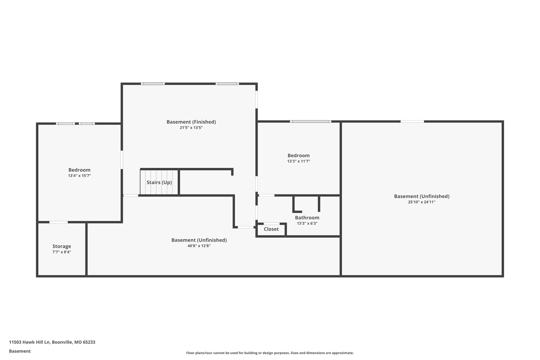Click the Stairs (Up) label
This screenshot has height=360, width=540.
[x=159, y=183]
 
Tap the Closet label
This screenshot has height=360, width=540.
[x=271, y=229]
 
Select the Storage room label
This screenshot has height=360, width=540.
[x=62, y=246]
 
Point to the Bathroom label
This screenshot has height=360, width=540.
[x=307, y=218]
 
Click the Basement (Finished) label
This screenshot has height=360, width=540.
[x=191, y=122]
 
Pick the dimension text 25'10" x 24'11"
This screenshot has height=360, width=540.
[x=422, y=202]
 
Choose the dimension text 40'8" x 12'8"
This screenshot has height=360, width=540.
[x=199, y=246]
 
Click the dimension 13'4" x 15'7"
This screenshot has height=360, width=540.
[x=79, y=176]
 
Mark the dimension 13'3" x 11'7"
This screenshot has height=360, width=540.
[x=298, y=161]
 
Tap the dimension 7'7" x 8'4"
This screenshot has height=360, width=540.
[x=62, y=252]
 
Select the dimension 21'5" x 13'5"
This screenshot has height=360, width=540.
[x=191, y=128]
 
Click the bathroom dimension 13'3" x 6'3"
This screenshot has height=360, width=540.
[x=307, y=223]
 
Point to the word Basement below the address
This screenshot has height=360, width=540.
[x=20, y=351]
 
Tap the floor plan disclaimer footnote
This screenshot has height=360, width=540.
[x=270, y=353]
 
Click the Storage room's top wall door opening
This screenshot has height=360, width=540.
[x=59, y=222]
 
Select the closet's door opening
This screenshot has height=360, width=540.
[x=272, y=224]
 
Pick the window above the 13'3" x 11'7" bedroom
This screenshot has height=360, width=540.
[x=311, y=122]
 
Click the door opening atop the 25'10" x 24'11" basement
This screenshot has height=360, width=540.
[x=412, y=122]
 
